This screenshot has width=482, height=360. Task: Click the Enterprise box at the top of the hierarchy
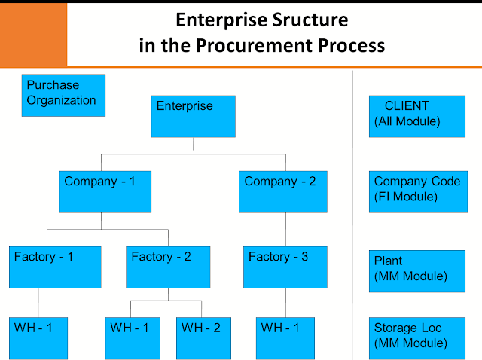point(194,116)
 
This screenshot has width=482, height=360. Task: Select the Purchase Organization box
point(63,95)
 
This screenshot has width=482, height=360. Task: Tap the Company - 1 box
point(105,191)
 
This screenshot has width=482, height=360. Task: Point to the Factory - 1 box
point(55,267)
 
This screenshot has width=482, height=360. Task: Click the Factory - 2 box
point(166,267)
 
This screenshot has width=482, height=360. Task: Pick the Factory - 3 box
point(285,267)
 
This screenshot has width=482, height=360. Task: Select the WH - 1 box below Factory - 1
point(38,337)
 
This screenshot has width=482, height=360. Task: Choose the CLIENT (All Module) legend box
point(416,116)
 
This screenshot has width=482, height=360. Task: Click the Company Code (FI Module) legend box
point(416,191)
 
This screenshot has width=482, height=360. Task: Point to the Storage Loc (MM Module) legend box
point(416,337)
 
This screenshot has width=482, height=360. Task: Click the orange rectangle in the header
point(33,33)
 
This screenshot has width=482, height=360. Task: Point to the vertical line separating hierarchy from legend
point(352,211)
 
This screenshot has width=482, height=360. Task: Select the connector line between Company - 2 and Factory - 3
point(285,229)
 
